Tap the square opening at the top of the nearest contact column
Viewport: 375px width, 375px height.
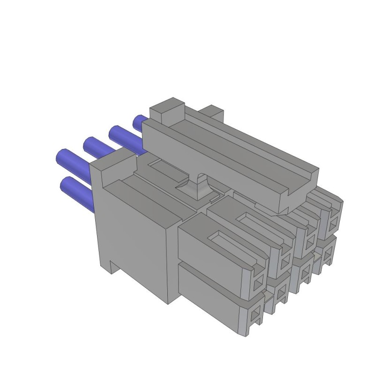[x=257, y=284]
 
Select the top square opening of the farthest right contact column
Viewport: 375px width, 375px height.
[x=334, y=221]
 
